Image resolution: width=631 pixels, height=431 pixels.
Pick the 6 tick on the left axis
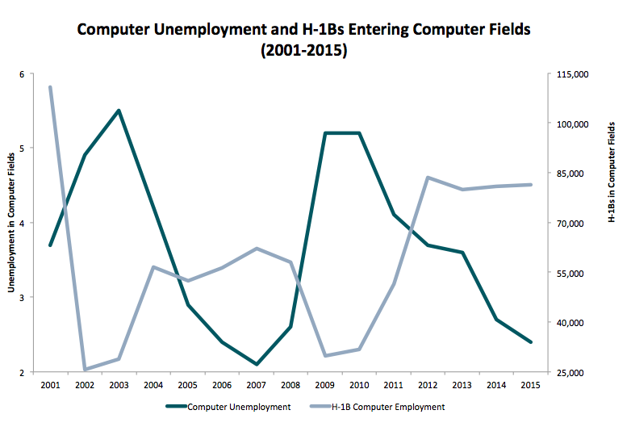[x=22, y=74]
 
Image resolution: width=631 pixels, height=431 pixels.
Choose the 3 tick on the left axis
[x=22, y=298]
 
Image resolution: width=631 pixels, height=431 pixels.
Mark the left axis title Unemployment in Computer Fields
[x=11, y=224]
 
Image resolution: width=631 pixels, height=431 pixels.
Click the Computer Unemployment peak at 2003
[x=119, y=111]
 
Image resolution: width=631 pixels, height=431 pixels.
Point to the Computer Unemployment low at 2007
[x=256, y=364]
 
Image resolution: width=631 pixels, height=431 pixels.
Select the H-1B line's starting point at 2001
[x=50, y=86]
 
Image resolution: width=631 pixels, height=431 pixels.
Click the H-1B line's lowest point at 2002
[x=85, y=370]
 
